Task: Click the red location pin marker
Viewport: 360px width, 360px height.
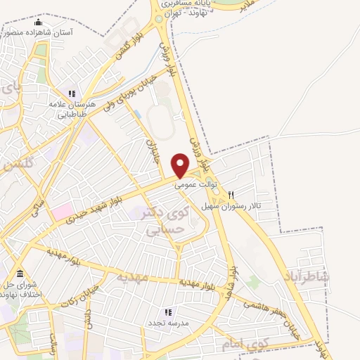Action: coord(181,165)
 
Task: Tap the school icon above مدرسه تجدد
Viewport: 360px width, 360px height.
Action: coord(167,311)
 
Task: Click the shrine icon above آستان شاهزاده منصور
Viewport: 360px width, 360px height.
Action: coord(38,22)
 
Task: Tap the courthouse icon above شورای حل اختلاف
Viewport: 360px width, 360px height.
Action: coord(19,273)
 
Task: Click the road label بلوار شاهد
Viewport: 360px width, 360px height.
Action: coord(237,278)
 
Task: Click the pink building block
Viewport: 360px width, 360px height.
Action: coord(61,210)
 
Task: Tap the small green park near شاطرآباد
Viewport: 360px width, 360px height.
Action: coord(253,283)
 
